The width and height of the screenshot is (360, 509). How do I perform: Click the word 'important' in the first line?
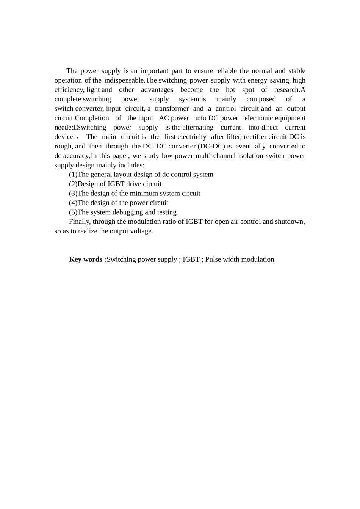(x=154, y=71)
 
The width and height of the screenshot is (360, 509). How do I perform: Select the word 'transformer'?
(x=172, y=109)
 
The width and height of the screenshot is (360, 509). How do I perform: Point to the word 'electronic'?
(x=259, y=118)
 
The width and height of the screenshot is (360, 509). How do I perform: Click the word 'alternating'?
(x=198, y=128)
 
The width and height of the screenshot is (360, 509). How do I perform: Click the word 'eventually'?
(x=250, y=147)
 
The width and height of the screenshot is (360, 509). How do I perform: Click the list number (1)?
(x=73, y=175)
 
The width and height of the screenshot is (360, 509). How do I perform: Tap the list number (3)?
(x=73, y=194)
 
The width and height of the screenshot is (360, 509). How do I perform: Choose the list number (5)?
(x=73, y=212)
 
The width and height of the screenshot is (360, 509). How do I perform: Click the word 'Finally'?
(x=80, y=222)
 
